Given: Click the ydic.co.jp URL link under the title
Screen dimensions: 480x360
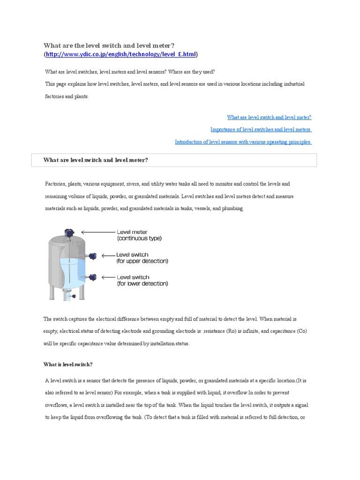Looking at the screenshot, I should point(120,55).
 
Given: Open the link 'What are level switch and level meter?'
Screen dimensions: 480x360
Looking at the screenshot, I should point(269,118).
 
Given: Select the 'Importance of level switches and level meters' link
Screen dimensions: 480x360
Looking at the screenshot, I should point(261,130).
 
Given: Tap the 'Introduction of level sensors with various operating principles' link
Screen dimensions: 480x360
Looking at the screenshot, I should point(243,142).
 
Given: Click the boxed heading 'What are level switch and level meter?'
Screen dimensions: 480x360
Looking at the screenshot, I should point(96,160).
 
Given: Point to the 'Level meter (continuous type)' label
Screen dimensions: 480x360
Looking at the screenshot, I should point(139,235).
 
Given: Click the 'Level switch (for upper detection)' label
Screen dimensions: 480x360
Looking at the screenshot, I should point(142,258).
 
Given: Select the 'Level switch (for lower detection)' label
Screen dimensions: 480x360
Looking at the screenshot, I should point(142,280).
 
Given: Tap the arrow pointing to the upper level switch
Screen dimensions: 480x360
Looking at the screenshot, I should point(107,255).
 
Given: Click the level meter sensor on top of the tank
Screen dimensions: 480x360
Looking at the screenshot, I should point(69,232).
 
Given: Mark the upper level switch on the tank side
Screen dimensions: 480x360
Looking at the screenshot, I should point(92,255).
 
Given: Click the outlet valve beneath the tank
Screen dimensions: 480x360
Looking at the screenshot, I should point(69,295).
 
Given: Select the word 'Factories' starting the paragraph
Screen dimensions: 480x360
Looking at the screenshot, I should point(55,184).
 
